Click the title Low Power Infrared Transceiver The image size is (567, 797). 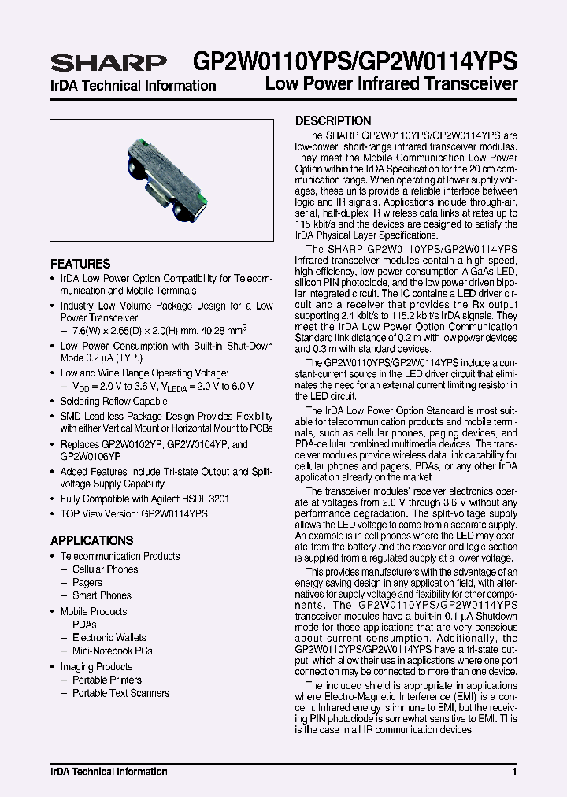point(391,84)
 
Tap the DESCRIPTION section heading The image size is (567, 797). point(333,121)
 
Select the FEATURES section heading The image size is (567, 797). point(80,264)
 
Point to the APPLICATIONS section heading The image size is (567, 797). point(91,541)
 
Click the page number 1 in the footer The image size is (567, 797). point(513,772)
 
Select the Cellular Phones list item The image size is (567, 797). point(105,569)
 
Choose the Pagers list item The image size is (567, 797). point(87,583)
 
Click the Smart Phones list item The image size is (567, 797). point(102,596)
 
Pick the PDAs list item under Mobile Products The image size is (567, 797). point(84,625)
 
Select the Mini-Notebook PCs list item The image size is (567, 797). point(112,651)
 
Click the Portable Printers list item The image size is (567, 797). point(107,680)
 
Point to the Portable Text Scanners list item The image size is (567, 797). point(120,694)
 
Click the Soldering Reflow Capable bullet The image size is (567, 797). point(113,402)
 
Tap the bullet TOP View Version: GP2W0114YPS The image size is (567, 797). point(134,513)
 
